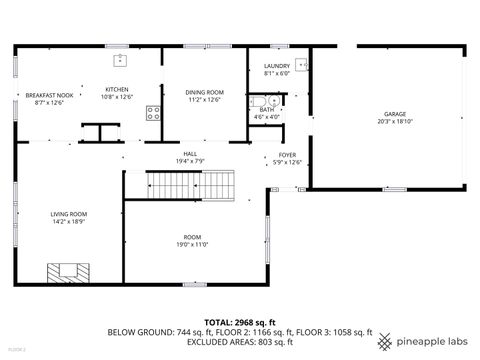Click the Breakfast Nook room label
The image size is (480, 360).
pos(48,95)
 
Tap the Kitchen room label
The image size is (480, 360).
pos(117,89)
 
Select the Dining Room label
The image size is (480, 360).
pos(204,92)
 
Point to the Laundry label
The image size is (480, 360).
pos(277,66)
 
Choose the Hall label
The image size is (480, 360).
pos(189,153)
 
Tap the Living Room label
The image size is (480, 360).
pos(70,213)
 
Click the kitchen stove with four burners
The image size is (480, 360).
pos(155,113)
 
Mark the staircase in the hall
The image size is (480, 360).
pos(191,185)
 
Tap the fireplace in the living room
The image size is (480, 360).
pos(69,270)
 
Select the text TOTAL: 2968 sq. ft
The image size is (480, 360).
pos(239,322)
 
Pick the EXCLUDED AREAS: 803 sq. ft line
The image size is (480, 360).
pos(239,341)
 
